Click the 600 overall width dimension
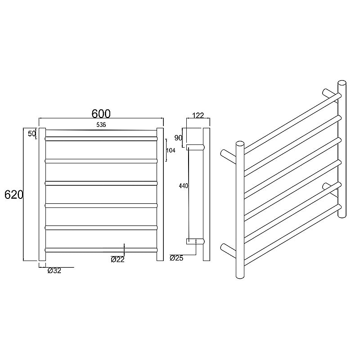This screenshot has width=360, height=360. (101, 113)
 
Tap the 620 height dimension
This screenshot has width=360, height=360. (14, 194)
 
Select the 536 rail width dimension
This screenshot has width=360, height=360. (101, 125)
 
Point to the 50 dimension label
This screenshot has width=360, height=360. (31, 134)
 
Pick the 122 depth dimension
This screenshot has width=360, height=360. (198, 116)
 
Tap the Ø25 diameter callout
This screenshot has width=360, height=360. (176, 258)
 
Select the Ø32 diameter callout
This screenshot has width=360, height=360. (54, 270)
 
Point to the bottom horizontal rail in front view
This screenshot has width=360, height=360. (101, 249)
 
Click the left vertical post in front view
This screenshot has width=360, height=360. (42, 194)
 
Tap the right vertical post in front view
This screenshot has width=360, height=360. (160, 194)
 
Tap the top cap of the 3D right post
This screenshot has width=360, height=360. (342, 83)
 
